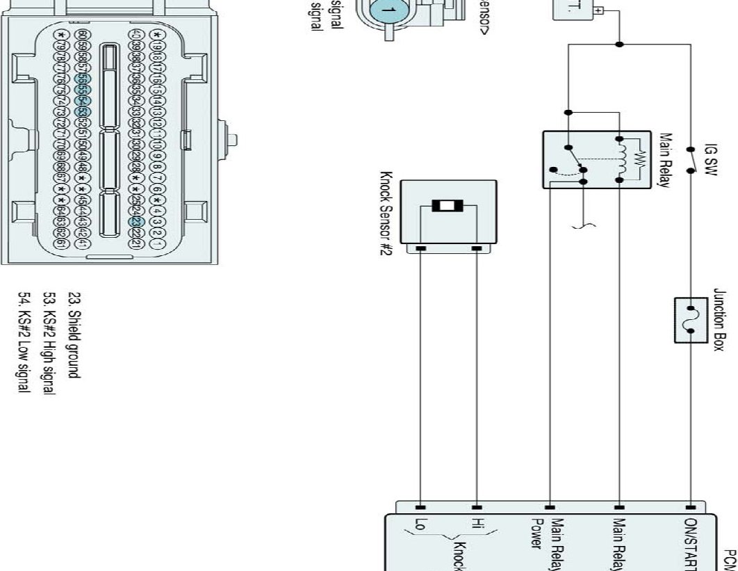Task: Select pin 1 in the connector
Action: click(158, 244)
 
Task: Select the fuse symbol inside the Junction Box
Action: click(690, 320)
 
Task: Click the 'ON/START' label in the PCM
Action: click(691, 542)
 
